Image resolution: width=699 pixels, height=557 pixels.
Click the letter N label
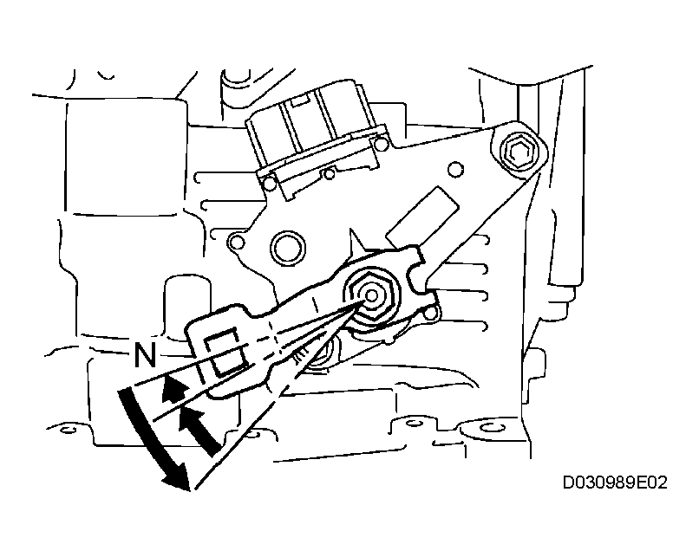tap(145, 355)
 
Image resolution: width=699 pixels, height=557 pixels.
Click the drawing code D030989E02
tap(615, 483)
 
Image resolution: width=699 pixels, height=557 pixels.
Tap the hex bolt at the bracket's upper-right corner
tap(518, 152)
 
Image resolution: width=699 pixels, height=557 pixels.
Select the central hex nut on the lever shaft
tap(371, 295)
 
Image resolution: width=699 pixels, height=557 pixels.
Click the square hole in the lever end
tap(226, 352)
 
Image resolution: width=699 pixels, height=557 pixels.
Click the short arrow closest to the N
tap(172, 387)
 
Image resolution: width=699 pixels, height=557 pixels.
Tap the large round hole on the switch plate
tap(287, 248)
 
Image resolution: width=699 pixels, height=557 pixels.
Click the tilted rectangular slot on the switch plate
tap(422, 217)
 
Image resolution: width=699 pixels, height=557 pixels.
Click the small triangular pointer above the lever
tap(356, 241)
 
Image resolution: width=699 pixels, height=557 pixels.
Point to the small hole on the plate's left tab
tap(237, 243)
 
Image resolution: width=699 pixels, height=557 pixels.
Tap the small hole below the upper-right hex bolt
tap(455, 170)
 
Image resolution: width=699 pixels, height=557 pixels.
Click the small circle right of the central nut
tap(430, 314)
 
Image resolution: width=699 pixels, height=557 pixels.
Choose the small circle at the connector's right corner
tap(380, 144)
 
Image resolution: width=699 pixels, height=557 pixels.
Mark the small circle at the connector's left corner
tap(270, 184)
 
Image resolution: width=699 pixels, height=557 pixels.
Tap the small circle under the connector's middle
tap(329, 174)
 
